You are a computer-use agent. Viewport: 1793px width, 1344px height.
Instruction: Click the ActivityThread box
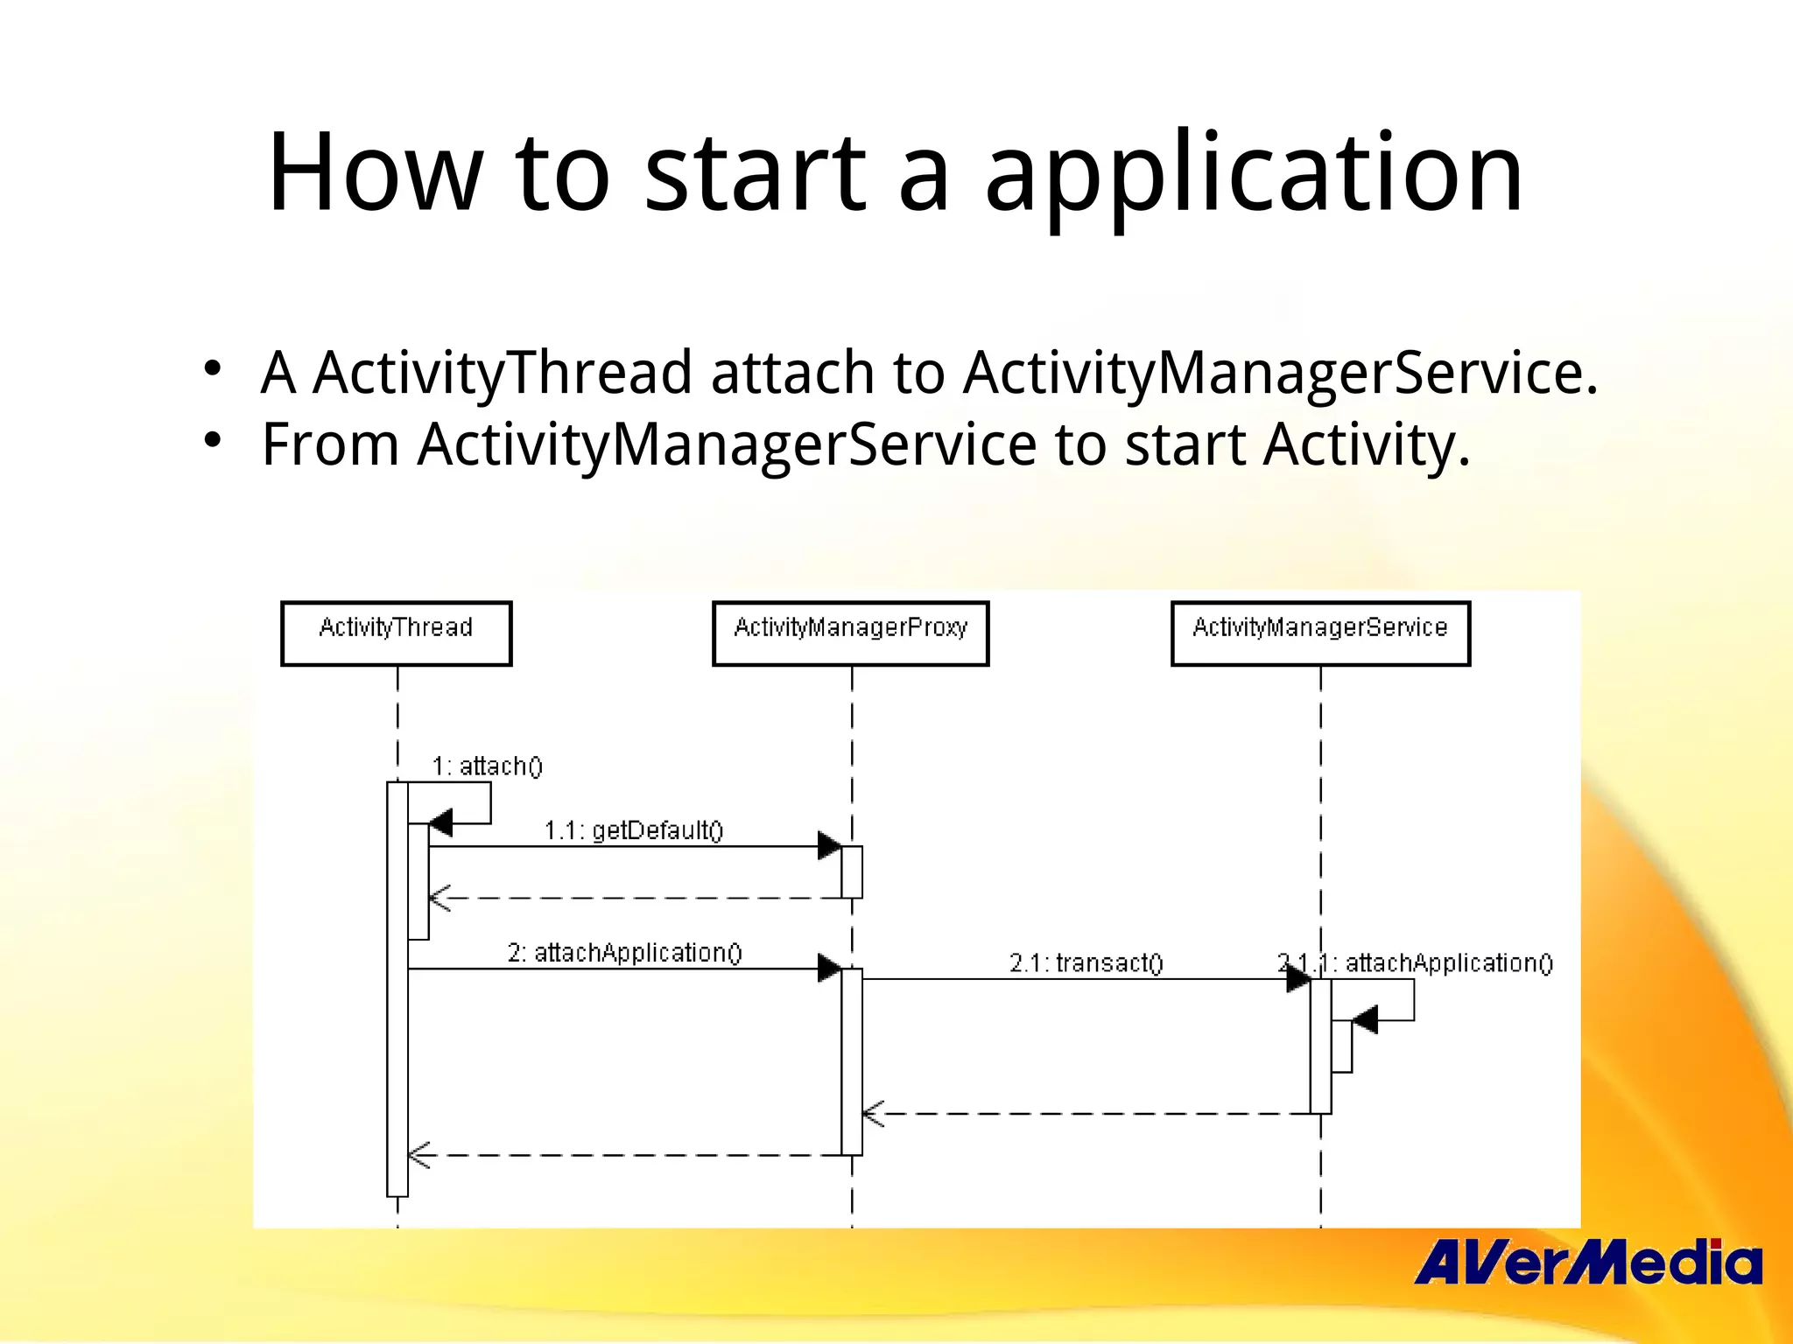point(396,633)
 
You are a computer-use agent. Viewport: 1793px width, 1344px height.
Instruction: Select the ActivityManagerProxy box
point(850,633)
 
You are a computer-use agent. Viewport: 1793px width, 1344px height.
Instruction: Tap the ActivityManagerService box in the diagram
point(1320,633)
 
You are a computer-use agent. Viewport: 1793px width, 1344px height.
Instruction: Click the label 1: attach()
point(487,766)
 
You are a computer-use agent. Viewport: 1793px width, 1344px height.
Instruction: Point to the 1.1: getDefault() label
point(634,830)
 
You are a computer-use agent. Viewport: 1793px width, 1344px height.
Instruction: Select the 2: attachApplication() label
point(624,953)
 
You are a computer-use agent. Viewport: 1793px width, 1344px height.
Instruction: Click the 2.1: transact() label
point(1086,963)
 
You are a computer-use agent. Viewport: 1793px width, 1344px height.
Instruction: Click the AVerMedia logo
point(1586,1263)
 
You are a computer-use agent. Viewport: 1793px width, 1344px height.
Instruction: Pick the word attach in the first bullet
point(791,373)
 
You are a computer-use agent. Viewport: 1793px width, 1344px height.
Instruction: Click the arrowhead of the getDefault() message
point(828,846)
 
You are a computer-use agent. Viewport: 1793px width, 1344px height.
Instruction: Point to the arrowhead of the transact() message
point(1297,979)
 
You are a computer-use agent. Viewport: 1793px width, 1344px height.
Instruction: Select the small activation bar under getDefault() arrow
point(852,871)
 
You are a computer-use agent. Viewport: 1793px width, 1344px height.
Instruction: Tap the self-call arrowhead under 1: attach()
point(440,823)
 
